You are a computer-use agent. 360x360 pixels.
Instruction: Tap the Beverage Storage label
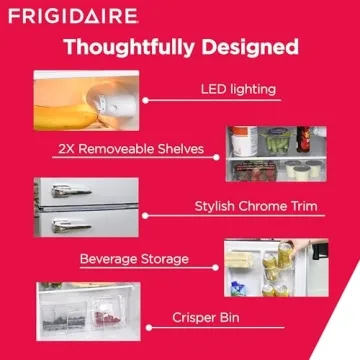[x=134, y=258]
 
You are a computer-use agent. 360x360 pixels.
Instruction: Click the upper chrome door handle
[x=69, y=190]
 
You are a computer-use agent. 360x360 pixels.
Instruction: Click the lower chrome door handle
[x=71, y=226]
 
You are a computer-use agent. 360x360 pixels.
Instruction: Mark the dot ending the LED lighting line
[x=145, y=100]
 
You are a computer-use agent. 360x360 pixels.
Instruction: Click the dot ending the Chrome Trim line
[x=145, y=214]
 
